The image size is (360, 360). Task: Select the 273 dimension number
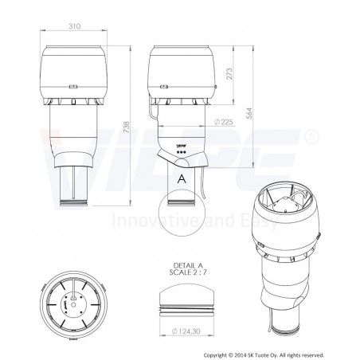(229, 73)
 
